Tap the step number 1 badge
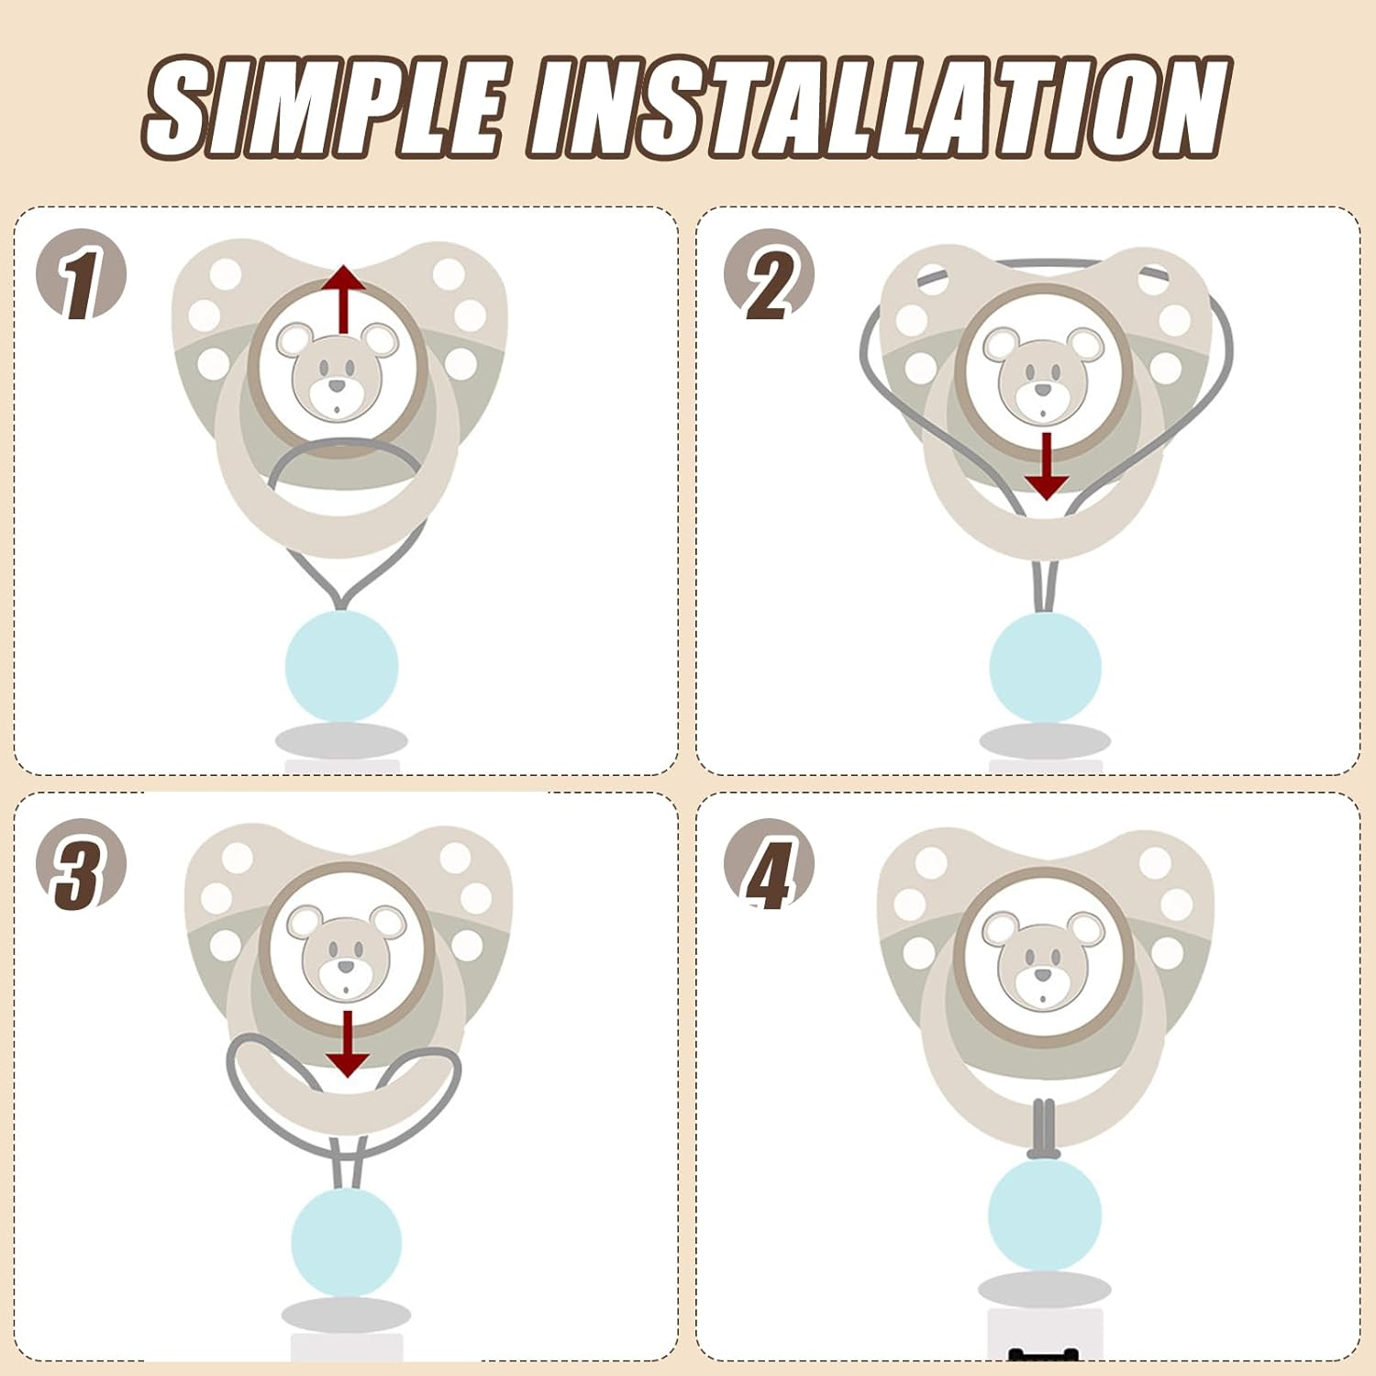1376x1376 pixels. pos(81,274)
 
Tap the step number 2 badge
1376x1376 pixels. pos(769,274)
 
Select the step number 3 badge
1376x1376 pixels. pos(81,864)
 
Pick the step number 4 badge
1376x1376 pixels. pos(769,864)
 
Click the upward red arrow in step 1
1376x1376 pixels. pos(344,299)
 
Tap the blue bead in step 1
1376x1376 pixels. pos(342,666)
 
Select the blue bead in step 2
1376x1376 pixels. pos(1045,667)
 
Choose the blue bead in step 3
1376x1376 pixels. pos(347,1241)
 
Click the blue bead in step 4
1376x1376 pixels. pos(1045,1213)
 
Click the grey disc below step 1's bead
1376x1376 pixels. pos(341,740)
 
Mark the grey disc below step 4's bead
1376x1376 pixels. pos(1045,1289)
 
